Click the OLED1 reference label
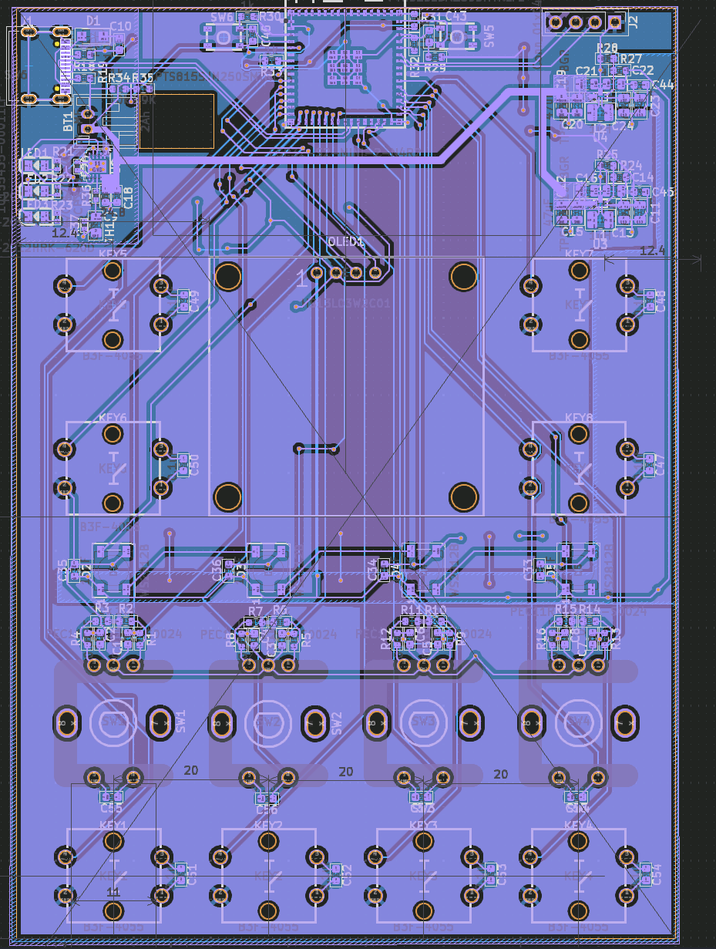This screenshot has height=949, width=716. tap(345, 241)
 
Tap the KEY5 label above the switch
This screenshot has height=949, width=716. tap(113, 254)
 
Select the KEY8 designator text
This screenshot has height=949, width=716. tap(580, 417)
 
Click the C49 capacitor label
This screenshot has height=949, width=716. tap(194, 301)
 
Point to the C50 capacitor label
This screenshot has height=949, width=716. tap(194, 464)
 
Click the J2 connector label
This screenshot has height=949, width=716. tap(634, 22)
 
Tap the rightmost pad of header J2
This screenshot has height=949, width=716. tap(614, 22)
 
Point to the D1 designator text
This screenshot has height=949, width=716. tap(93, 21)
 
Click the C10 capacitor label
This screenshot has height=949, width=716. tap(120, 26)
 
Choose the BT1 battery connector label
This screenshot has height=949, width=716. tap(68, 120)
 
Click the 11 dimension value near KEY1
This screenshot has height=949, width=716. tap(113, 892)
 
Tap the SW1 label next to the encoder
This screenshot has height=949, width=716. tap(180, 721)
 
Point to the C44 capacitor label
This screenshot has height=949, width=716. tap(663, 85)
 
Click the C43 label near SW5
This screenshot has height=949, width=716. tap(455, 16)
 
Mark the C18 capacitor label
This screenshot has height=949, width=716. tap(128, 196)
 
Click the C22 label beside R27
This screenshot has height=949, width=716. tap(643, 70)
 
